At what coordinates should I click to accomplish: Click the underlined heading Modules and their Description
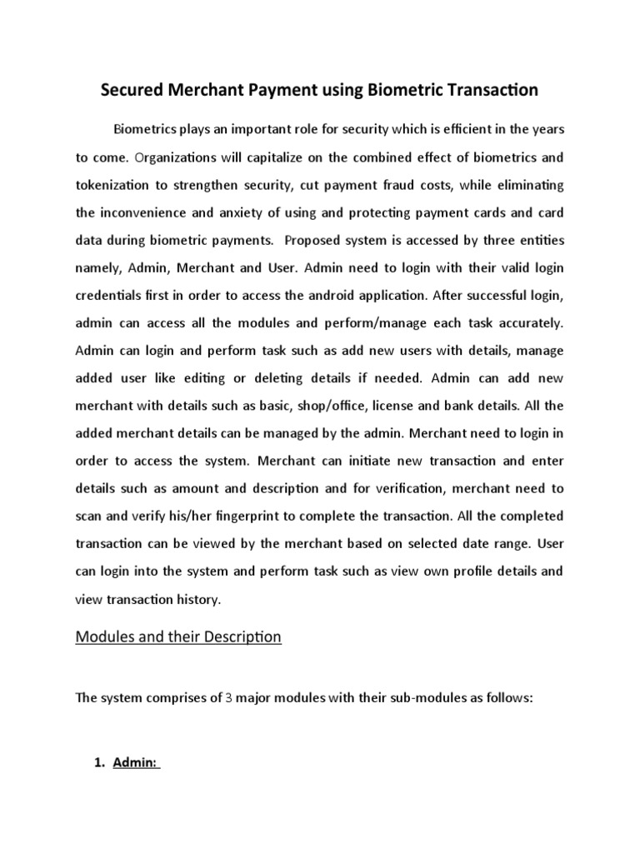[x=178, y=637]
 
